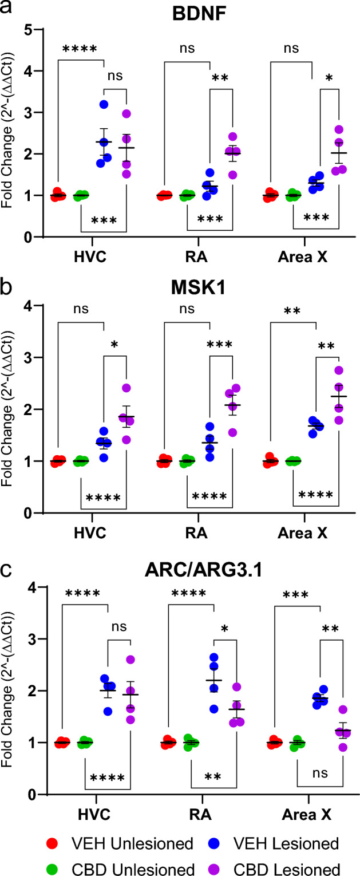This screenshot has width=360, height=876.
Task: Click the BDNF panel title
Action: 195,13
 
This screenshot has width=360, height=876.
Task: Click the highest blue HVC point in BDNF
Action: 104,104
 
